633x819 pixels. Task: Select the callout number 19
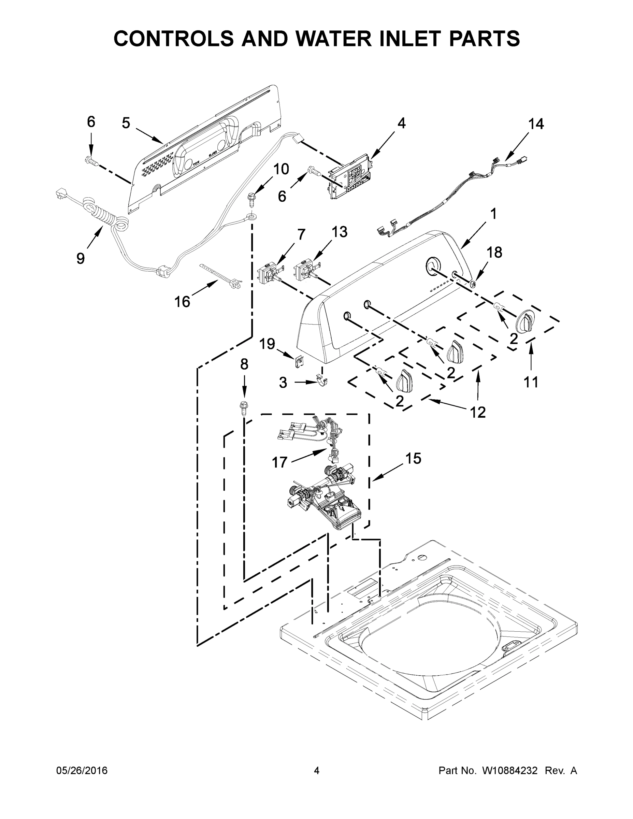point(268,344)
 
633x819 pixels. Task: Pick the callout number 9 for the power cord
point(81,258)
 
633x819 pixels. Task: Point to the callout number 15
point(413,458)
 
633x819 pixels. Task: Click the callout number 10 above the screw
point(281,169)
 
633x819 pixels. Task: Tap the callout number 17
point(279,462)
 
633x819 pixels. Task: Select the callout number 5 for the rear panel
point(126,123)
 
